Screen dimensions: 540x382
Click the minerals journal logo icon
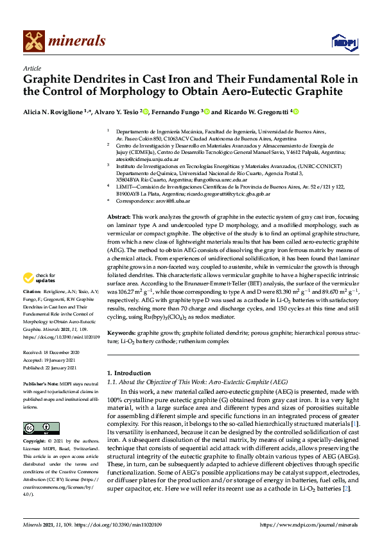point(33,41)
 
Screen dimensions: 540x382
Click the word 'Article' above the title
point(31,68)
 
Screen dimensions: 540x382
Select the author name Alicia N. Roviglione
point(52,112)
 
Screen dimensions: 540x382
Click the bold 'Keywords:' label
point(121,333)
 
